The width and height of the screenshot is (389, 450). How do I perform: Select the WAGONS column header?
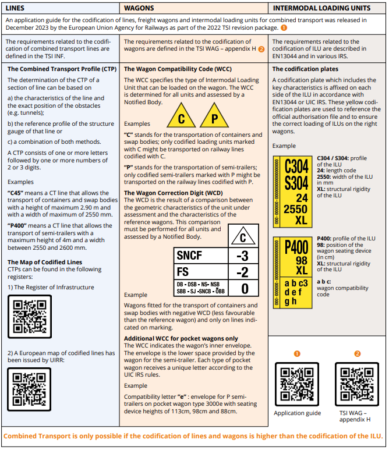click(139, 8)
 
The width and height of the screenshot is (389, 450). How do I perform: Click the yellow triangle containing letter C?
click(181, 118)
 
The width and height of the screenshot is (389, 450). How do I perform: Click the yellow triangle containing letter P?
click(214, 118)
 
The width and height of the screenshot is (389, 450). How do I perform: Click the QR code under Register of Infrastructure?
click(30, 315)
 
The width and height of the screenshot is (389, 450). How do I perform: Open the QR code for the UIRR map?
click(30, 388)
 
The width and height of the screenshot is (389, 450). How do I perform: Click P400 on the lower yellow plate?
click(296, 247)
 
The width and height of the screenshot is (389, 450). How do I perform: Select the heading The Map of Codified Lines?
click(45, 263)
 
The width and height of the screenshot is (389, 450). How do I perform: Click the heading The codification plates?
click(305, 69)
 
